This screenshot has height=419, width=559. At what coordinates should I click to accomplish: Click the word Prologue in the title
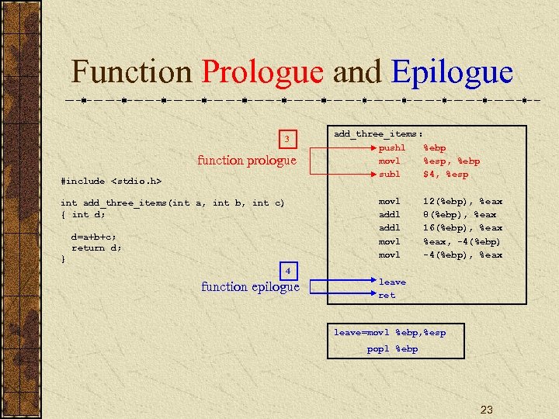pyautogui.click(x=262, y=73)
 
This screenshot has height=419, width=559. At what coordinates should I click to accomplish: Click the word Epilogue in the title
pyautogui.click(x=453, y=73)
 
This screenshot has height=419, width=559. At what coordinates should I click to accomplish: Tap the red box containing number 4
pyautogui.click(x=287, y=271)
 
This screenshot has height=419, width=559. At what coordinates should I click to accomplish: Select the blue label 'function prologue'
pyautogui.click(x=247, y=161)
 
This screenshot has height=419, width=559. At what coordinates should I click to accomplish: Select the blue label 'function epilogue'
pyautogui.click(x=250, y=287)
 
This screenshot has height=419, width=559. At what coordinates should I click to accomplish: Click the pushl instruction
pyautogui.click(x=392, y=147)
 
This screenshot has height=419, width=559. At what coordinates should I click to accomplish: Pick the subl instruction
pyautogui.click(x=390, y=174)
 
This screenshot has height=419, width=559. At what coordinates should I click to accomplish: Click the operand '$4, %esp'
pyautogui.click(x=445, y=174)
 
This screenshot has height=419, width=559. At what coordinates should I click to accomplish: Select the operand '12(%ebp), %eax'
pyautogui.click(x=462, y=201)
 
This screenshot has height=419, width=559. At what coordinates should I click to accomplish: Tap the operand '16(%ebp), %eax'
pyautogui.click(x=462, y=228)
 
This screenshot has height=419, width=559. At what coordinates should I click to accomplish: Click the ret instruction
pyautogui.click(x=387, y=296)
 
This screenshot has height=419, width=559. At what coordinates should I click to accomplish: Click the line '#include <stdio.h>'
pyautogui.click(x=111, y=181)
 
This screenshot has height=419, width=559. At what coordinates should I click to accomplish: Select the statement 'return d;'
pyautogui.click(x=96, y=248)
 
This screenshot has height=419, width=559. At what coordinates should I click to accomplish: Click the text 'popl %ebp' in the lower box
pyautogui.click(x=392, y=348)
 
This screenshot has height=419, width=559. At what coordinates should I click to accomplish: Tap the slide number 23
pyautogui.click(x=487, y=409)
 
